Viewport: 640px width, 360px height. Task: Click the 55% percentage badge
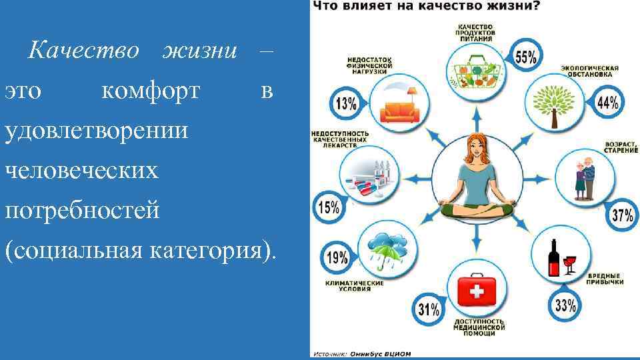525,57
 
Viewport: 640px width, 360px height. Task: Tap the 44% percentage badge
607,102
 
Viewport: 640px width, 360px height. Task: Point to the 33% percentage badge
565,305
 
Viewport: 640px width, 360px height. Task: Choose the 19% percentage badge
337,257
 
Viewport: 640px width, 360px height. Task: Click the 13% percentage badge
345,104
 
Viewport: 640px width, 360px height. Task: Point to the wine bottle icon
553,257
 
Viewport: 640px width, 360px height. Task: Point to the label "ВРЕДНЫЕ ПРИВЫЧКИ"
605,279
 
